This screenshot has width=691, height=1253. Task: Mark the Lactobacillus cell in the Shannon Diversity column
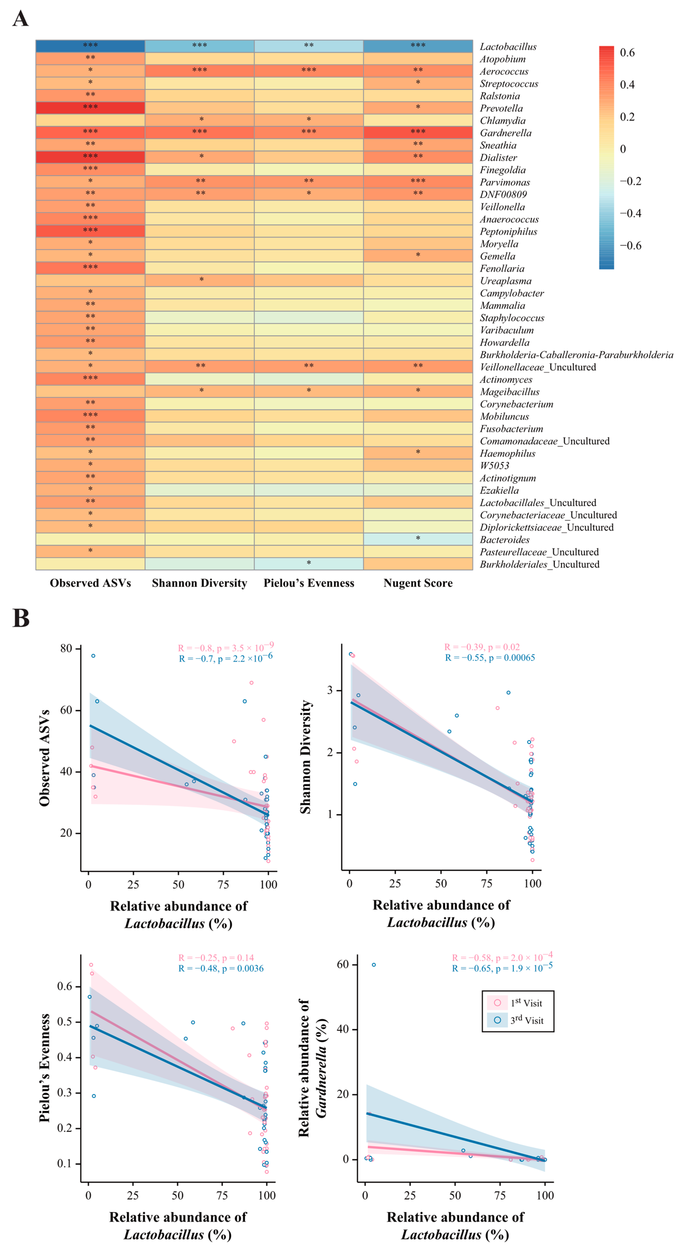click(199, 46)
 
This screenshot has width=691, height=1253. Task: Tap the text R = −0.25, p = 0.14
click(216, 958)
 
